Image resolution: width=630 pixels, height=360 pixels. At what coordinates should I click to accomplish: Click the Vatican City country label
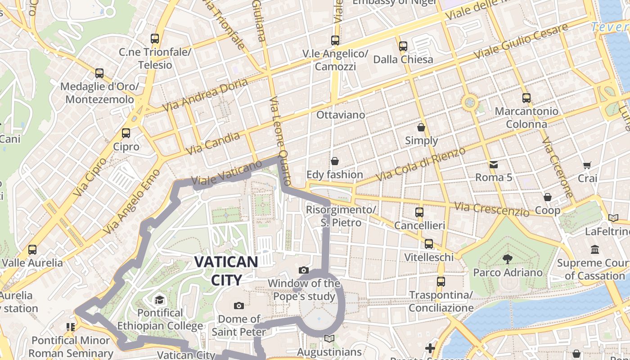226,270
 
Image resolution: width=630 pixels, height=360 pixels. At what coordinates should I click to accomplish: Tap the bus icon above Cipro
126,133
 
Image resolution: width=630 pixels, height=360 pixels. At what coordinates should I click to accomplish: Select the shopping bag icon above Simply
421,127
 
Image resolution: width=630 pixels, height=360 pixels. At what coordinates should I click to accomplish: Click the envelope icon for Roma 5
494,164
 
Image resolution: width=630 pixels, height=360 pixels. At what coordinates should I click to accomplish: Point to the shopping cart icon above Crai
587,165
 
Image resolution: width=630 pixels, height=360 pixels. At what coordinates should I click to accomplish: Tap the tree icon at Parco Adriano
507,259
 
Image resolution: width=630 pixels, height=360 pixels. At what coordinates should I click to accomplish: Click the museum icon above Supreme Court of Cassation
595,249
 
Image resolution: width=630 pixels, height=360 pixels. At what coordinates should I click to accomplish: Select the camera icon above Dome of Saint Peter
239,306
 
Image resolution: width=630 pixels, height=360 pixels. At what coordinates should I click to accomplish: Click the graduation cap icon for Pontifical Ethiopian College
160,300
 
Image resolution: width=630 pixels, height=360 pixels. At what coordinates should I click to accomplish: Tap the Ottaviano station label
341,115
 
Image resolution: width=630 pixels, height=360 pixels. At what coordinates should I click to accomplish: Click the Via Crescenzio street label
491,209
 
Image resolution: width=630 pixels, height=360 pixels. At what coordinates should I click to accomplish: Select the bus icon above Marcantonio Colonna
526,98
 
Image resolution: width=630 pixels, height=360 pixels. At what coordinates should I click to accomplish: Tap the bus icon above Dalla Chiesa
403,46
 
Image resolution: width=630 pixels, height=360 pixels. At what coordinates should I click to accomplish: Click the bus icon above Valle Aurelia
32,249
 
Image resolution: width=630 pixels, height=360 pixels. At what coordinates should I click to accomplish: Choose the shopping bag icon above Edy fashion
335,161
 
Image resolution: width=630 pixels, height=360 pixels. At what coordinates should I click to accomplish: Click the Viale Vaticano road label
226,173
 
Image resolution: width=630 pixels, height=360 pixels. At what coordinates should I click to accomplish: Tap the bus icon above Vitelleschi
429,244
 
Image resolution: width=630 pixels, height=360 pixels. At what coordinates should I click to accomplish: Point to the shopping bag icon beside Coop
548,197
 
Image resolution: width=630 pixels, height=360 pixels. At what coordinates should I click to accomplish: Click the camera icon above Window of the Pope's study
304,270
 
